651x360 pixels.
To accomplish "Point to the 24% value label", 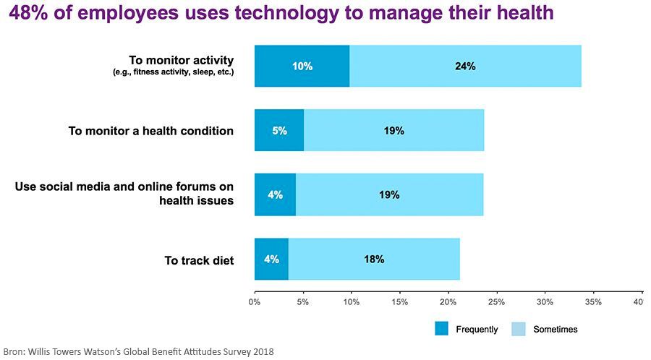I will pyautogui.click(x=465, y=67).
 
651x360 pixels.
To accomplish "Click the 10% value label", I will pyautogui.click(x=302, y=67).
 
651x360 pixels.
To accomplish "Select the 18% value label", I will pyautogui.click(x=374, y=259).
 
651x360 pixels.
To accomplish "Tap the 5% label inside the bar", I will pyautogui.click(x=279, y=131).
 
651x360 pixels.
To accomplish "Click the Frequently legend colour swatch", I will pyautogui.click(x=442, y=329).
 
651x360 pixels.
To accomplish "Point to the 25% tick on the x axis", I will pyautogui.click(x=496, y=301).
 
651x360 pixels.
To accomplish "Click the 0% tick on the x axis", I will pyautogui.click(x=255, y=301).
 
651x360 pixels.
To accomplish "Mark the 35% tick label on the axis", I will pyautogui.click(x=593, y=301).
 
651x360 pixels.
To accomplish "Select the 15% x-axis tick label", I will pyautogui.click(x=399, y=301).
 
